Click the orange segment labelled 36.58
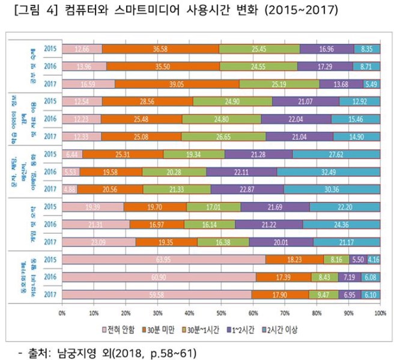tap(160, 49)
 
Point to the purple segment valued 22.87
tap(246, 189)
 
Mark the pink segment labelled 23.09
tap(98, 242)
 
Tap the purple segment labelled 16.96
tap(327, 49)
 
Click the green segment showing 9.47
tap(324, 295)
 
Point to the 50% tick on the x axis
tap(221, 313)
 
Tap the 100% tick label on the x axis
tap(379, 313)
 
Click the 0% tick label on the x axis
tap(62, 313)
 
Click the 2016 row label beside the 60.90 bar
tap(51, 278)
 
